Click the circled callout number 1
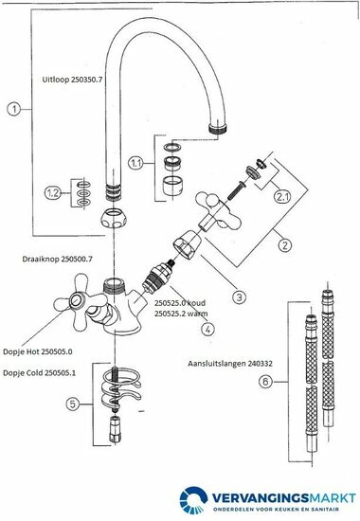pos(14,109)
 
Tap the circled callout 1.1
pos(136,163)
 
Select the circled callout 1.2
pos(53,193)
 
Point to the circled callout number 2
pos(284,245)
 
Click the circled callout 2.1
pos(282,197)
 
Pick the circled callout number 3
pos(240,296)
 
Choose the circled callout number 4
pos(207,329)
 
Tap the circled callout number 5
pos(73,404)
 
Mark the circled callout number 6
pos(265,382)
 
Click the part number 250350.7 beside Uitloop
pos(86,80)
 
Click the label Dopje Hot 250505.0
pos(38,351)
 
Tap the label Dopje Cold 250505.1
pos(39,373)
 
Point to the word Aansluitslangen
pos(217,364)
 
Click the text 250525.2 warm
pos(181,313)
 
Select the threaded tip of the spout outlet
pos(218,129)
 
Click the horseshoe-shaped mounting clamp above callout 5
pos(120,387)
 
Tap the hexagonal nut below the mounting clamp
pos(115,429)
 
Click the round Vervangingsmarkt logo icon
pos(193,500)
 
